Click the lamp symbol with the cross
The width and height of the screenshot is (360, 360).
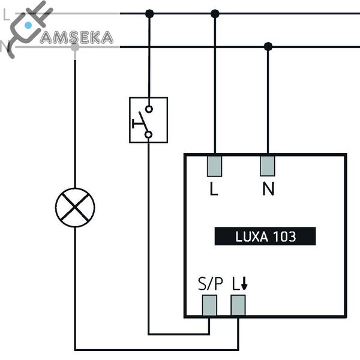pos(75,207)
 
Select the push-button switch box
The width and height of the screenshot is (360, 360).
pos(148,120)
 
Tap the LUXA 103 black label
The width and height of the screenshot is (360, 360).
pos(265,236)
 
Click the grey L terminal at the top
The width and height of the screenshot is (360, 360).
pos(215,166)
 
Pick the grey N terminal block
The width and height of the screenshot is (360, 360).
pos(268,166)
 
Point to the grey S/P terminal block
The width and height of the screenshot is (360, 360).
pos(209,306)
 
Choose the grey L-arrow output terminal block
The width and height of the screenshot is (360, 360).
pos(238,306)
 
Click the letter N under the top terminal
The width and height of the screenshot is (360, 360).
pos(268,190)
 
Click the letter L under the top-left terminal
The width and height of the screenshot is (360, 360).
pos(214,190)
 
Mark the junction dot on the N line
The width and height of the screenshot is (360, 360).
pos(268,46)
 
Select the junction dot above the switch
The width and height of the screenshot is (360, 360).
pos(149,13)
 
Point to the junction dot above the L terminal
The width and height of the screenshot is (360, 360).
pos(215,13)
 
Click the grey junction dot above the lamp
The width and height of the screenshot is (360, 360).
pos(75,46)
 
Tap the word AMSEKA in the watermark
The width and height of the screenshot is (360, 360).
pos(76,37)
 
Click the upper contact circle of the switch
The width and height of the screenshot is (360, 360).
pos(149,109)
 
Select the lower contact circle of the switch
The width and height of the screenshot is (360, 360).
pos(149,135)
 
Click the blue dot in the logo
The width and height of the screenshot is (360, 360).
pos(28,25)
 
